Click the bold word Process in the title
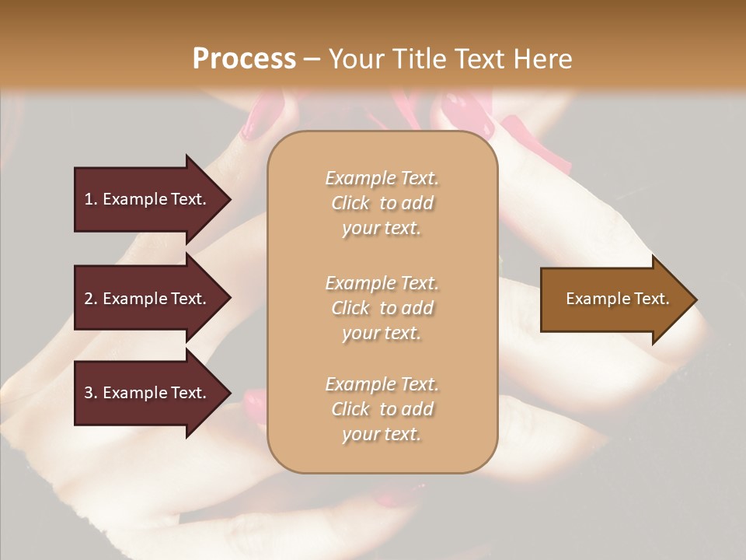[x=244, y=59]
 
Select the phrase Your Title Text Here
[x=450, y=59]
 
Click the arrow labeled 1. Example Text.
[x=148, y=199]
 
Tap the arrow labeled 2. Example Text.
[x=148, y=299]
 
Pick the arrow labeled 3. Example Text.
[x=148, y=393]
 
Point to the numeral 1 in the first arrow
[x=89, y=199]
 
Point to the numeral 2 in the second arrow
[x=89, y=299]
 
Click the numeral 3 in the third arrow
[x=89, y=393]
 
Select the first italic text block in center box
[x=382, y=203]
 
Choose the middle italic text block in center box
[x=382, y=308]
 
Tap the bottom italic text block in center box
[x=382, y=409]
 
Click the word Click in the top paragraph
[x=350, y=203]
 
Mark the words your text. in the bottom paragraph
[x=382, y=434]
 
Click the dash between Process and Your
[x=312, y=60]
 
